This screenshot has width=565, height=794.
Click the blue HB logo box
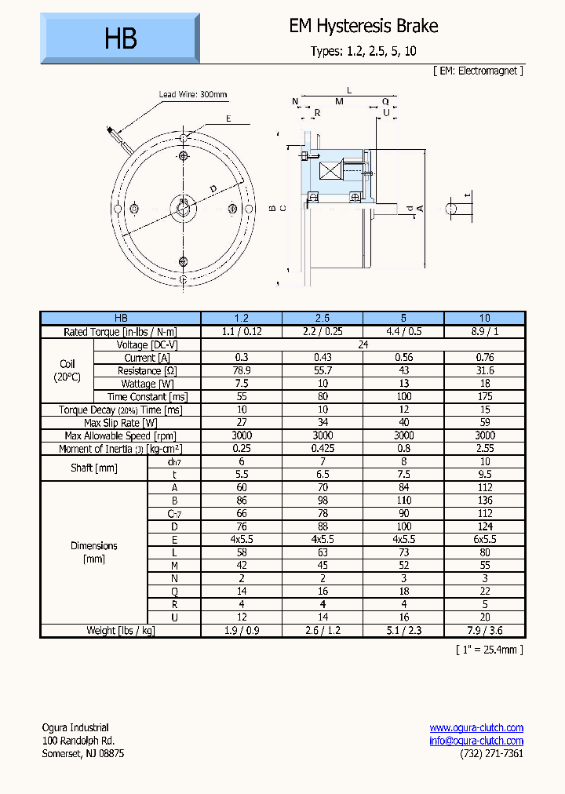120,38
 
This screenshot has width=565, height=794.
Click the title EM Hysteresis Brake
363,26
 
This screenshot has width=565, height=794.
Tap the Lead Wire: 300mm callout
193,95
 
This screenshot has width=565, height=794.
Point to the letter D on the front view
213,188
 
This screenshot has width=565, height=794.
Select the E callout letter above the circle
228,119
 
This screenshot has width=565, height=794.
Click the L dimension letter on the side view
349,91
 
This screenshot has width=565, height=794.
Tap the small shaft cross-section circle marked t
452,208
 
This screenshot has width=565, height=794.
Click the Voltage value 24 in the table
363,344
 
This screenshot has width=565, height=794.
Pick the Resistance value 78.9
242,370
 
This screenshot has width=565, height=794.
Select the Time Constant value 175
484,396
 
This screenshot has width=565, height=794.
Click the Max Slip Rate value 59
484,422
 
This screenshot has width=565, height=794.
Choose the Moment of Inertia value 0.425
322,448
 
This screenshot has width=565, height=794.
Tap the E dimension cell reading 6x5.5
484,539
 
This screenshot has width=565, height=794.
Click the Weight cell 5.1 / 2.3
403,630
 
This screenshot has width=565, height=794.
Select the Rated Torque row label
121,331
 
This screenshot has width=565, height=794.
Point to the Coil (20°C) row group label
67,370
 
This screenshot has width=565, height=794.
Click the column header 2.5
322,318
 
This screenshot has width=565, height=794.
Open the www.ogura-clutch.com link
476,727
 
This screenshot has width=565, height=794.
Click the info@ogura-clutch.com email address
476,741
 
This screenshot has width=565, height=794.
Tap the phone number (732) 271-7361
491,753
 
